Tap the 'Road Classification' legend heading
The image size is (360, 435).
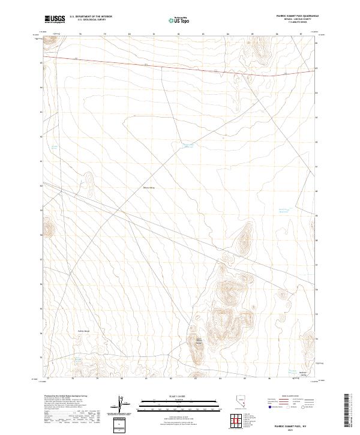pos(292,397)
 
